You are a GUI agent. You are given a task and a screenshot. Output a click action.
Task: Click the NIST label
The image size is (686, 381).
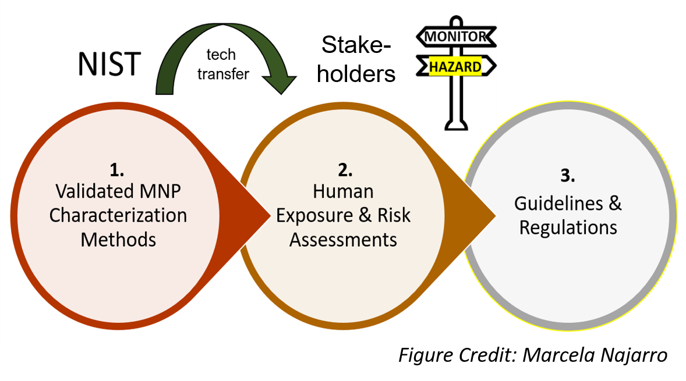pyautogui.click(x=109, y=64)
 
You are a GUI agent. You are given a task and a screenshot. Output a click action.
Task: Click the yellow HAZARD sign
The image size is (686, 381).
pyautogui.click(x=455, y=67)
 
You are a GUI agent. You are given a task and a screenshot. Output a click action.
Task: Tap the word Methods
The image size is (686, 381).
pyautogui.click(x=118, y=238)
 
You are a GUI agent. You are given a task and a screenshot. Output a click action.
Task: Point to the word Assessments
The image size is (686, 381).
pyautogui.click(x=343, y=239)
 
